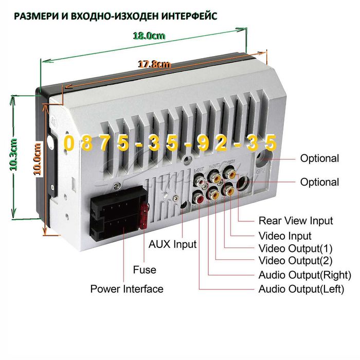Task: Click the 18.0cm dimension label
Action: (149, 36)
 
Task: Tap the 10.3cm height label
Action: (14, 154)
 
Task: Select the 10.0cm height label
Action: (37, 159)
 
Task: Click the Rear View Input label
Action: (296, 221)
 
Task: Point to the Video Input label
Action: (285, 236)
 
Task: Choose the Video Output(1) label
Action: (296, 248)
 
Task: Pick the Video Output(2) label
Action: (296, 261)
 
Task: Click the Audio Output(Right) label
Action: (305, 275)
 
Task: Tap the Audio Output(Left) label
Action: (301, 289)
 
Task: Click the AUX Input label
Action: (173, 244)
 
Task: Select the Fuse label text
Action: (145, 269)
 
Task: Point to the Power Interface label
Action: (127, 289)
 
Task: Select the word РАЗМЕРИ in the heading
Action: (34, 16)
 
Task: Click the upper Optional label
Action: (319, 158)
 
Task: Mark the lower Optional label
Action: (319, 182)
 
